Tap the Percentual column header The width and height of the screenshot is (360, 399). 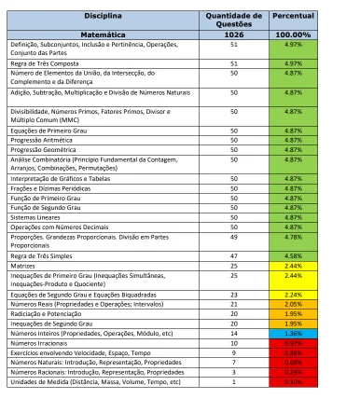point(292,17)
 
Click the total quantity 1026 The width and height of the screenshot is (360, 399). point(233,34)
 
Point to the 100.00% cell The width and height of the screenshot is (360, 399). point(292,34)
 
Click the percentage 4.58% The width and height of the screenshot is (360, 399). point(292,255)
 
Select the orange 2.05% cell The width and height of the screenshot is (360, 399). point(292,304)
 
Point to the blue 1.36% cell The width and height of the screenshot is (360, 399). point(292,332)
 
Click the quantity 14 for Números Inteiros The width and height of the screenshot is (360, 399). point(233,332)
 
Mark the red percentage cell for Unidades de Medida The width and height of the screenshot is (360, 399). point(292,380)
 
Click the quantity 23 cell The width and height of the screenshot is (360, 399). point(233,294)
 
